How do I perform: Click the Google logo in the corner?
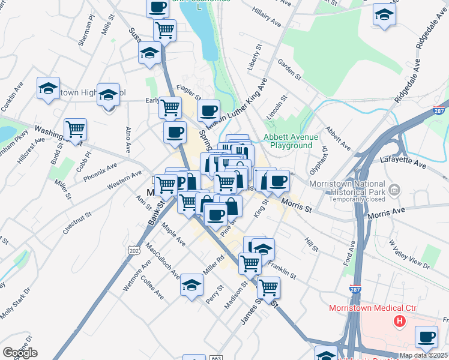click(20, 353)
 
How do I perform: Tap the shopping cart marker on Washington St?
click(75, 129)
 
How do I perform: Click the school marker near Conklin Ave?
click(48, 89)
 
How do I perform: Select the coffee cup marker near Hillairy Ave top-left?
click(157, 7)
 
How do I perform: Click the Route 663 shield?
click(216, 358)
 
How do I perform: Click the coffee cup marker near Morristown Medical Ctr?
click(426, 337)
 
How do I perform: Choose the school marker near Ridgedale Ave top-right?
click(384, 15)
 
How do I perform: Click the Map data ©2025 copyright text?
click(423, 355)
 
